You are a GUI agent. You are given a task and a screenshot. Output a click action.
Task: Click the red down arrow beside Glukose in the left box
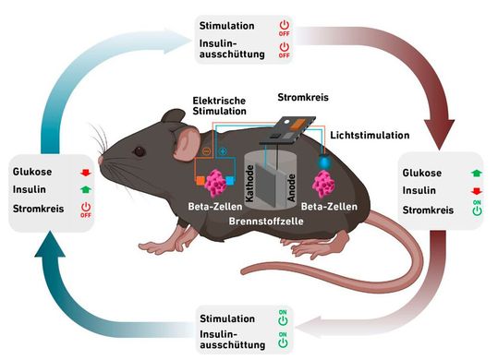tap(85, 171)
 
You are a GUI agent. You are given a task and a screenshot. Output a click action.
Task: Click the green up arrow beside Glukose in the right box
tap(476, 173)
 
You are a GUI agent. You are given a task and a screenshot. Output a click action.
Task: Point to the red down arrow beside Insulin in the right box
tap(476, 191)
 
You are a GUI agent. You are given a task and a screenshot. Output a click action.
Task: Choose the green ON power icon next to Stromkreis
tap(476, 210)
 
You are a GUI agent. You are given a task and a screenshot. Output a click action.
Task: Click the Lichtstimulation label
tap(370, 135)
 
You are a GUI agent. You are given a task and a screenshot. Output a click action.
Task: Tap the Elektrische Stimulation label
tap(220, 104)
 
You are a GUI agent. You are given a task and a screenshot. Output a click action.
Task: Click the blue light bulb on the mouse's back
tap(325, 161)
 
